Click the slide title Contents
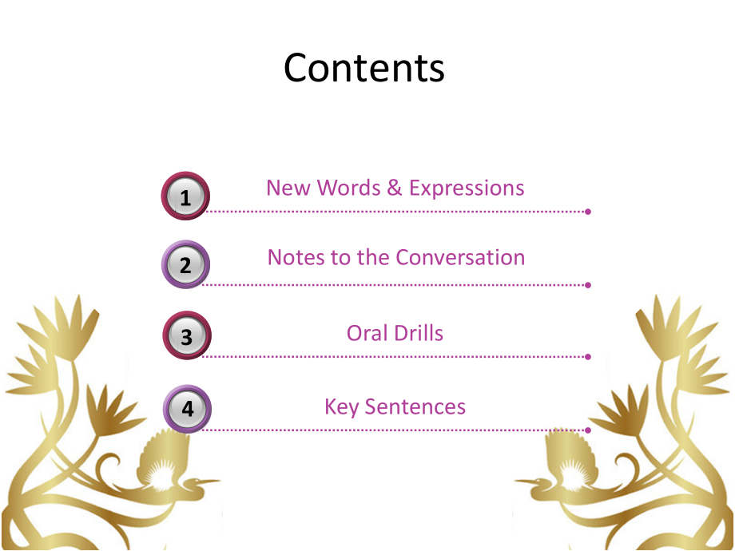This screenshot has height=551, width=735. pyautogui.click(x=364, y=68)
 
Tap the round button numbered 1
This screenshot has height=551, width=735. pyautogui.click(x=185, y=196)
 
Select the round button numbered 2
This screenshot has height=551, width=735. pyautogui.click(x=185, y=264)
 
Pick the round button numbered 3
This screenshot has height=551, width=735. pyautogui.click(x=186, y=335)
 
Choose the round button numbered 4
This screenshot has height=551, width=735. pyautogui.click(x=187, y=409)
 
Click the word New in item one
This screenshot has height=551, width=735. pyautogui.click(x=288, y=188)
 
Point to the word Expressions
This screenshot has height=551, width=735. pyautogui.click(x=467, y=188)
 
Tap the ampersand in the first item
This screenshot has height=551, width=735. pyautogui.click(x=394, y=188)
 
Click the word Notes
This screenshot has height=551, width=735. pyautogui.click(x=293, y=258)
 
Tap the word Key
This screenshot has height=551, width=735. pyautogui.click(x=341, y=407)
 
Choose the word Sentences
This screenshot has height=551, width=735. pyautogui.click(x=415, y=407)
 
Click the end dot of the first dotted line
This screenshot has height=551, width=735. pyautogui.click(x=588, y=212)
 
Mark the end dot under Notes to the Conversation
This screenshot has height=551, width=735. pyautogui.click(x=588, y=284)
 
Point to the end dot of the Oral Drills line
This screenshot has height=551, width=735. pyautogui.click(x=588, y=356)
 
